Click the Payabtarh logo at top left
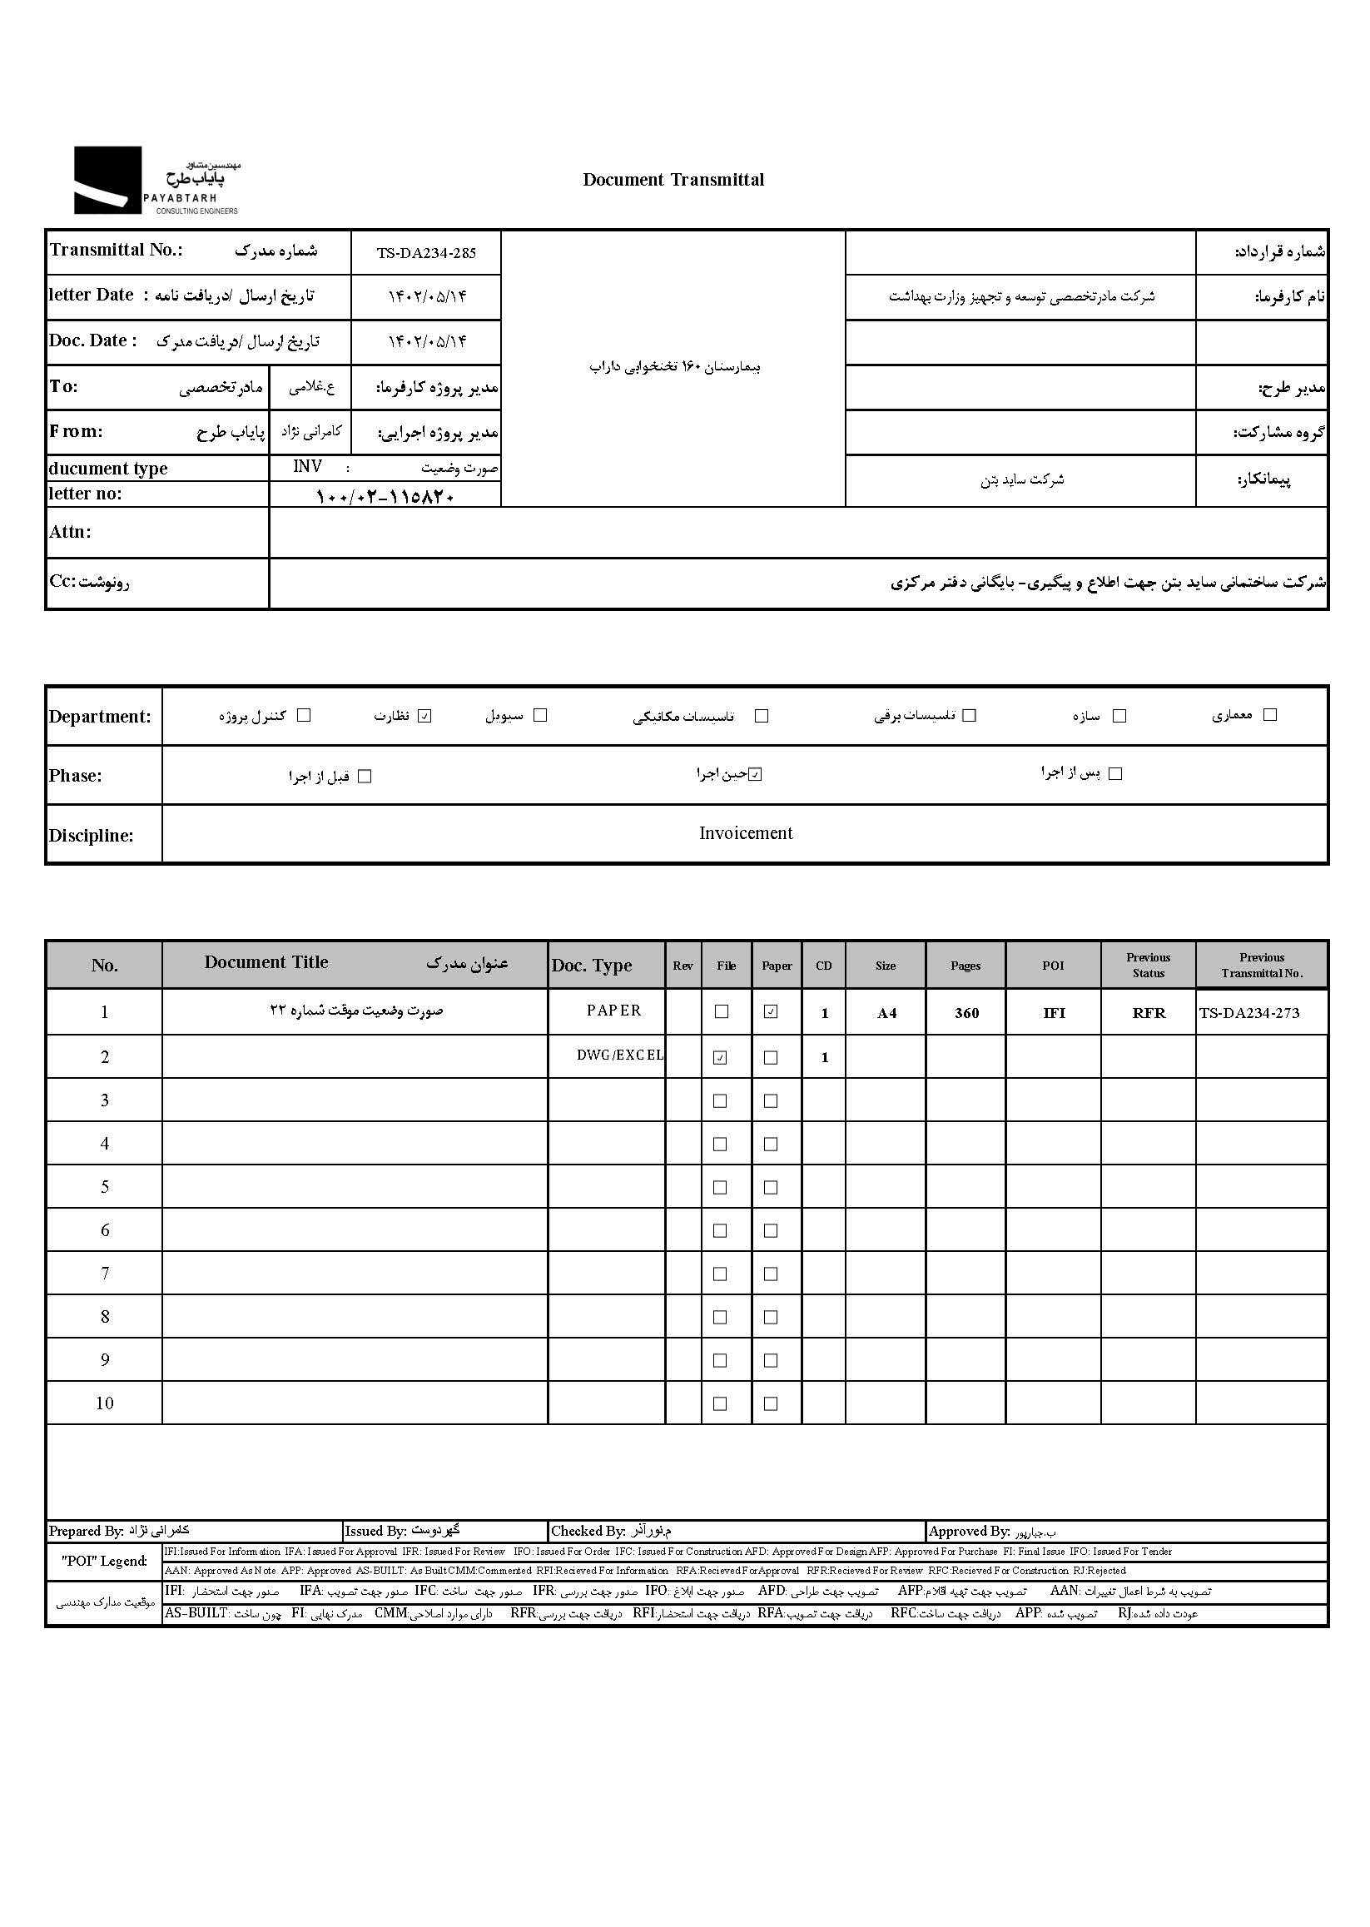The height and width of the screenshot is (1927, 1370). pos(156,181)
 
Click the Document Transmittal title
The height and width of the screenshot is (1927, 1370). pos(673,180)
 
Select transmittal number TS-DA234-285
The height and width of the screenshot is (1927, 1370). pos(426,253)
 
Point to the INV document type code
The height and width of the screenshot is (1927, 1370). pos(307,467)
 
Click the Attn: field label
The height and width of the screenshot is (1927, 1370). pos(70,533)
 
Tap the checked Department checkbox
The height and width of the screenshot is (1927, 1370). pos(424,717)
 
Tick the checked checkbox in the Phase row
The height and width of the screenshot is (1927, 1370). pos(755,774)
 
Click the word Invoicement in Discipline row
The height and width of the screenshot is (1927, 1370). pos(746,833)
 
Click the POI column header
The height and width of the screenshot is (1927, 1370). pos(1053,966)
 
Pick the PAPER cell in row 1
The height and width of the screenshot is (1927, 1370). pos(614,1011)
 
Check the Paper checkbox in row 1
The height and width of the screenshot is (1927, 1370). pos(770,1011)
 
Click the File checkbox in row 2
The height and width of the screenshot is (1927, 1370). pos(720,1058)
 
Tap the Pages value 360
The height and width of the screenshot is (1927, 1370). pos(966,1013)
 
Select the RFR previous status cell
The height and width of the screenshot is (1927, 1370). pos(1148,1013)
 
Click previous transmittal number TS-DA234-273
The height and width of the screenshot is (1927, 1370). pos(1248,1013)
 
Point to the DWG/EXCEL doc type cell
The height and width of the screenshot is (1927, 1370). pos(619,1055)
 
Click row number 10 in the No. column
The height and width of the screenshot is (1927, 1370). pos(105,1403)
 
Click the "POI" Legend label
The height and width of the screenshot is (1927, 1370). pos(104,1561)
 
